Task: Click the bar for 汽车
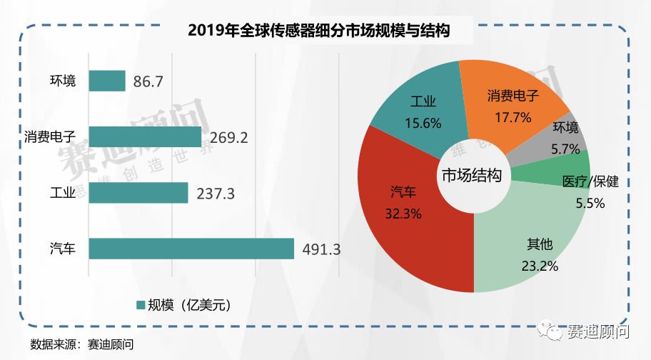tap(191, 249)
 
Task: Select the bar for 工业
tap(138, 193)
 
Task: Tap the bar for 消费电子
tap(145, 136)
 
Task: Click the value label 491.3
tap(322, 249)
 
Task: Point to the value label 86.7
tap(148, 81)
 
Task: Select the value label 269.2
tap(229, 137)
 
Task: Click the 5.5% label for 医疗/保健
tap(590, 203)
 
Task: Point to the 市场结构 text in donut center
tap(472, 176)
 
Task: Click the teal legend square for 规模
tap(140, 305)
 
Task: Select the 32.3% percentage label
tap(404, 212)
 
